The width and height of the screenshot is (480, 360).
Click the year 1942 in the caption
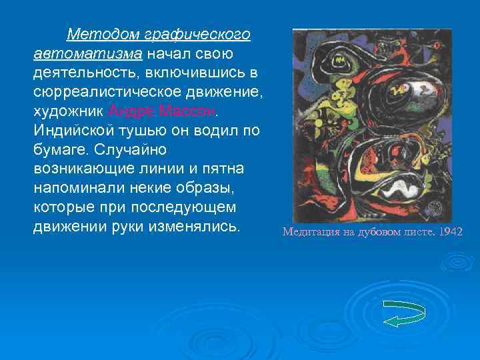click(451, 233)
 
